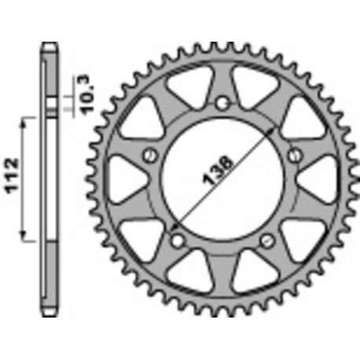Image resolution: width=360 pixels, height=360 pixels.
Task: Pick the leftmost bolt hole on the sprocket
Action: pyautogui.click(x=148, y=157)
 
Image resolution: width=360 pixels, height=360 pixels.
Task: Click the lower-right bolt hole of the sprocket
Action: pyautogui.click(x=268, y=239)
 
